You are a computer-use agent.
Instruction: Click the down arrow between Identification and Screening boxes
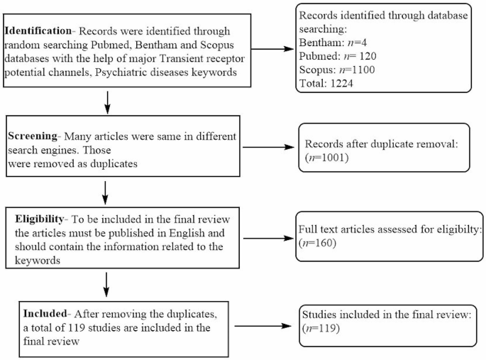pos(106,102)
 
